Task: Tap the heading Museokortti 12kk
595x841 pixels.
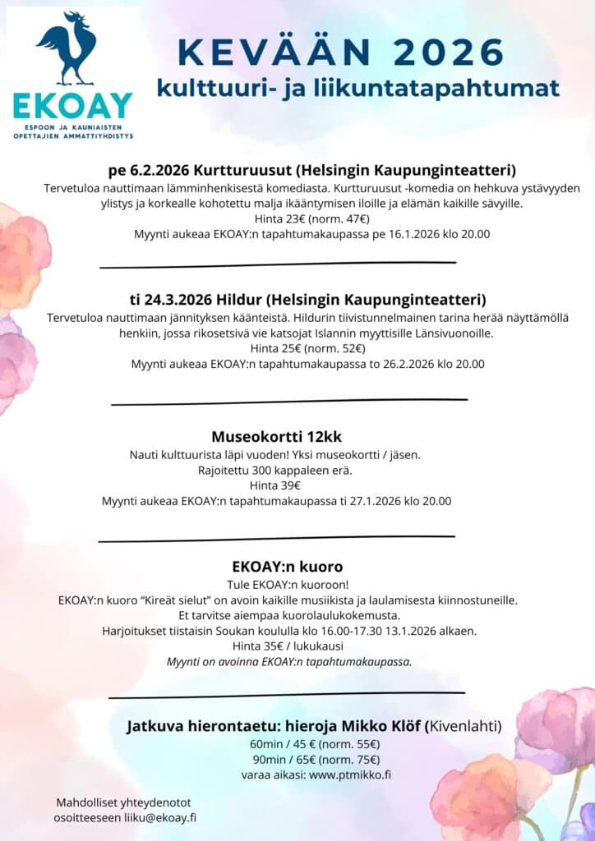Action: pyautogui.click(x=276, y=436)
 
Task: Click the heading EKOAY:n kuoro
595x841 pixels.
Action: pyautogui.click(x=288, y=567)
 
